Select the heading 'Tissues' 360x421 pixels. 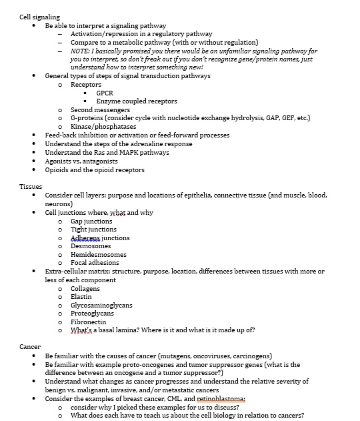click(31, 187)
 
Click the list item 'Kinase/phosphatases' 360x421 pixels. click(103, 126)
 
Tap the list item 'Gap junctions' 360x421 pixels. click(91, 221)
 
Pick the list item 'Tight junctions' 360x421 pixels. click(93, 230)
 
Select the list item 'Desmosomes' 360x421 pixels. click(91, 246)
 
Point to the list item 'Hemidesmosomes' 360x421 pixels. click(97, 255)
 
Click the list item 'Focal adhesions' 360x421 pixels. click(95, 263)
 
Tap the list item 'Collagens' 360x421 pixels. click(86, 288)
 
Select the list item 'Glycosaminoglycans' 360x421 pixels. click(101, 306)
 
